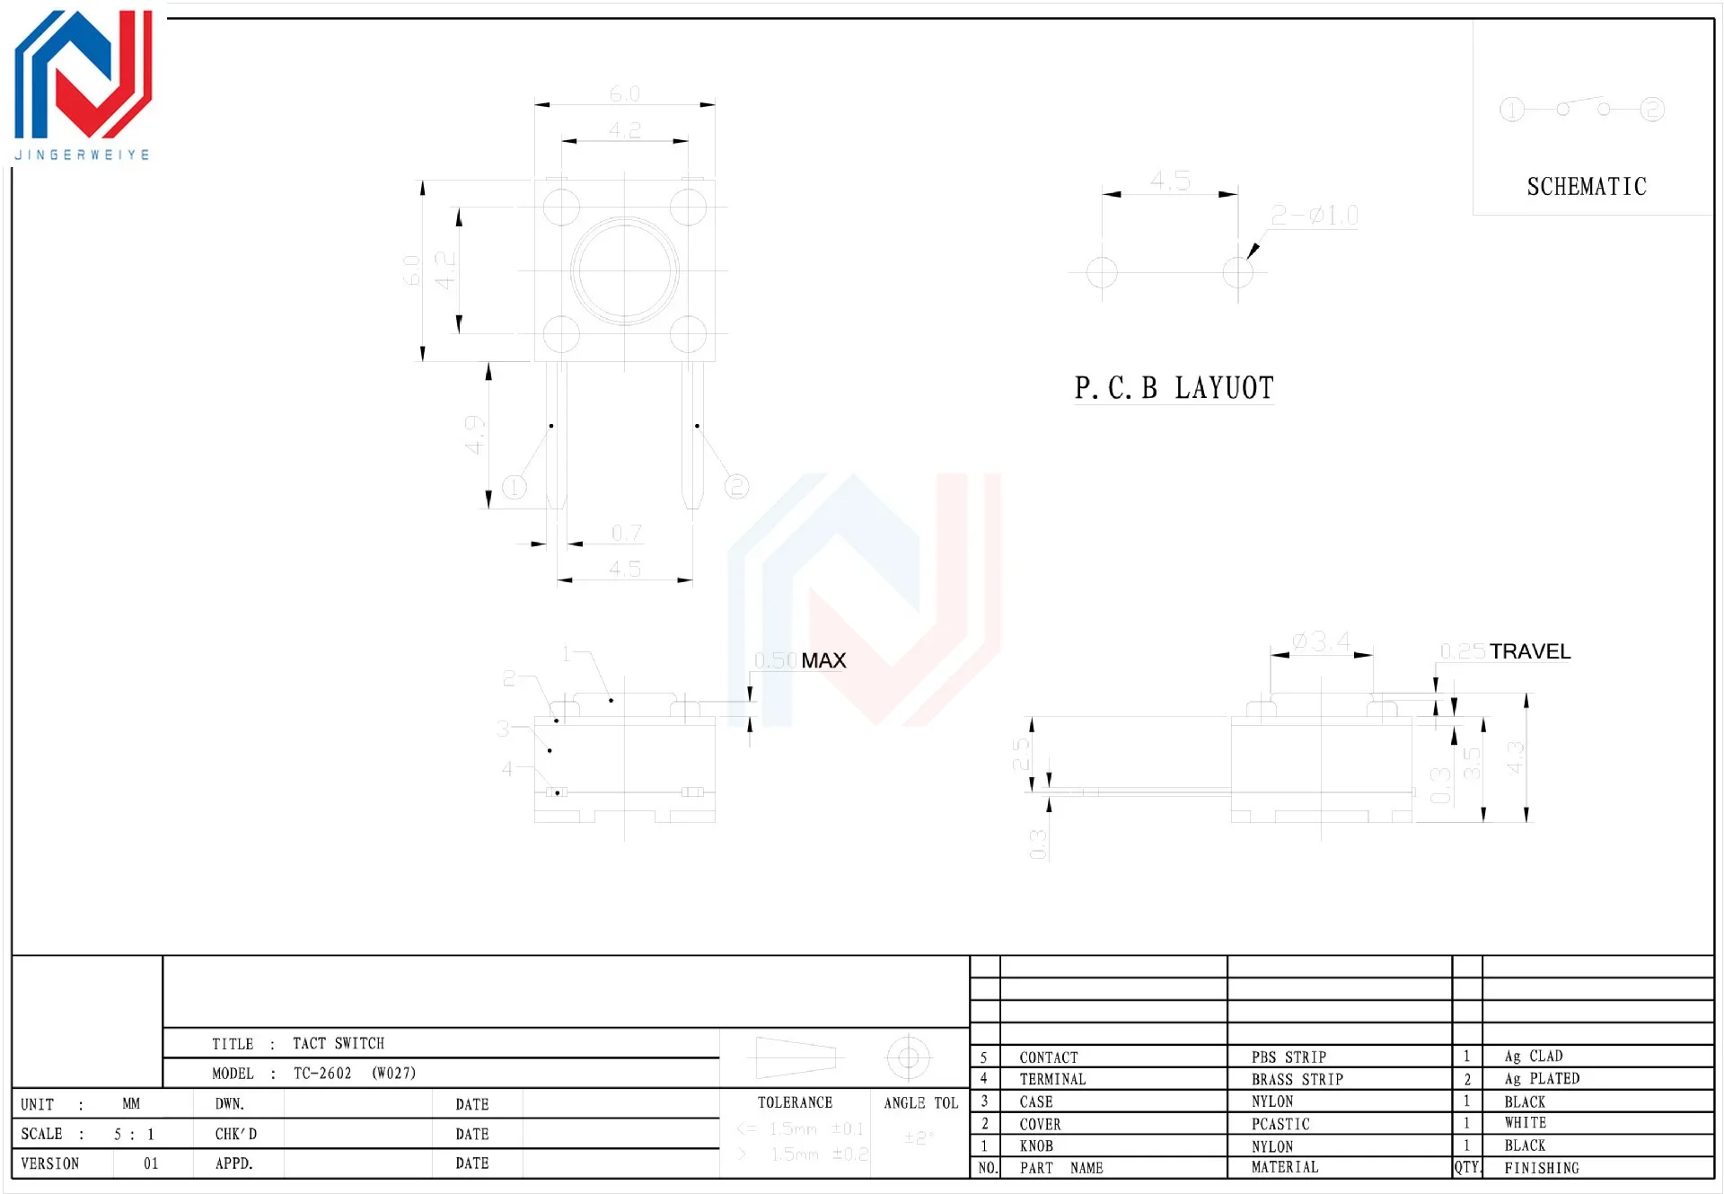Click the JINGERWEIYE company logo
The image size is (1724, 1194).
pyautogui.click(x=83, y=85)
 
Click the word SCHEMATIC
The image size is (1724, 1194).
pyautogui.click(x=1587, y=187)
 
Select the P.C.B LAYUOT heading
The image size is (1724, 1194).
pyautogui.click(x=1174, y=388)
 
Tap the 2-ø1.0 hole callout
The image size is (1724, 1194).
pyautogui.click(x=1314, y=216)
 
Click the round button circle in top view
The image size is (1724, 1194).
pyautogui.click(x=624, y=270)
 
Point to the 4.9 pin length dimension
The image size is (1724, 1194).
pyautogui.click(x=474, y=434)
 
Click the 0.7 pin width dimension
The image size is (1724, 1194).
pyautogui.click(x=626, y=534)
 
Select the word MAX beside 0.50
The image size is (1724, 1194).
pyautogui.click(x=823, y=660)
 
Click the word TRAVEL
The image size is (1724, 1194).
pyautogui.click(x=1530, y=651)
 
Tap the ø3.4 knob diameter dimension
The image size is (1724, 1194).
pyautogui.click(x=1321, y=641)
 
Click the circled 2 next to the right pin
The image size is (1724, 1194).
pyautogui.click(x=736, y=487)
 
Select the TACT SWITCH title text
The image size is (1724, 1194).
pyautogui.click(x=339, y=1043)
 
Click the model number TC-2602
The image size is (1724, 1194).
pyautogui.click(x=322, y=1073)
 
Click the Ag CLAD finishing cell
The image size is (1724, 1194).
pyautogui.click(x=1533, y=1057)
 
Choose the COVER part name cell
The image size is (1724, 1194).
pyautogui.click(x=1040, y=1124)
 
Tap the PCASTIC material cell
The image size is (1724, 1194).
pyautogui.click(x=1280, y=1124)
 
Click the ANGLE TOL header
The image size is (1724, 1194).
pyautogui.click(x=920, y=1102)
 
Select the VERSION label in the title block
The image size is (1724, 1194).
pyautogui.click(x=50, y=1163)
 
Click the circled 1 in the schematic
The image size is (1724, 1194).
pyautogui.click(x=1512, y=110)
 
